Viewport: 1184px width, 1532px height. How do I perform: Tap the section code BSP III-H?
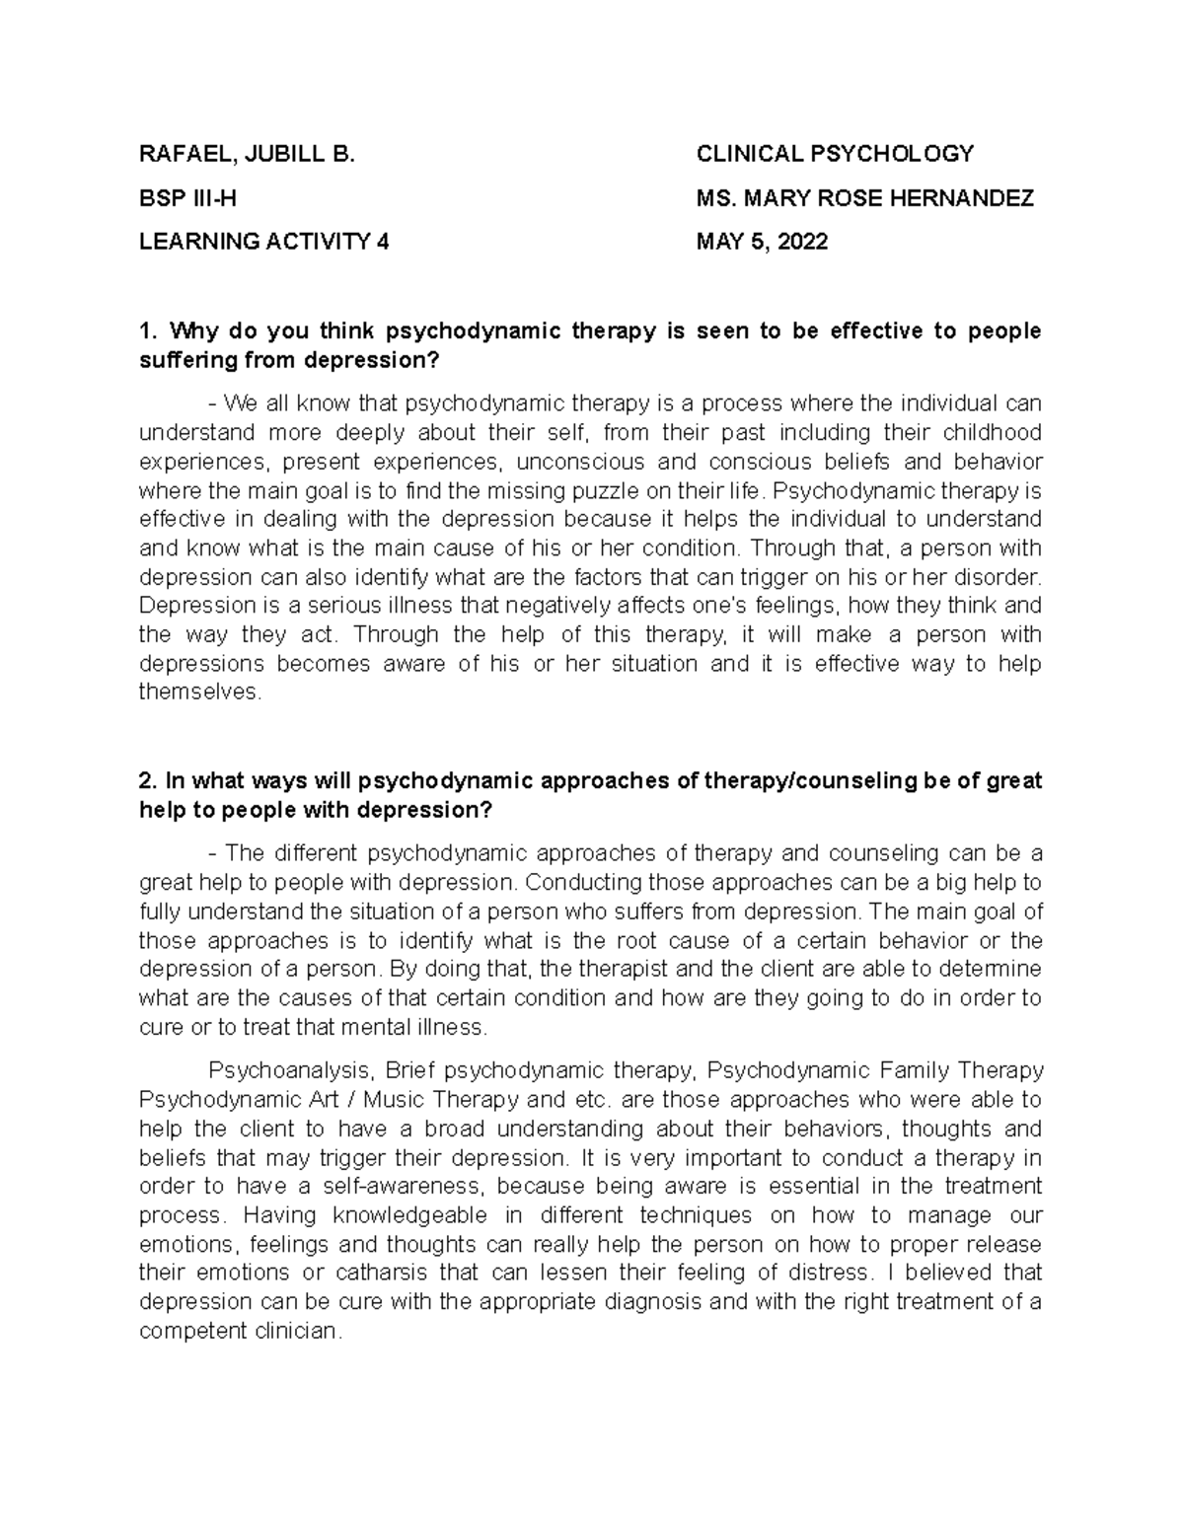click(187, 198)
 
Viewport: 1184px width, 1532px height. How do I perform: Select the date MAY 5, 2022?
click(762, 242)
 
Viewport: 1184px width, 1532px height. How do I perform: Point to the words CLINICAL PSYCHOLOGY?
click(835, 154)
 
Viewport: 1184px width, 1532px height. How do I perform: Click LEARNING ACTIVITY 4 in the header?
click(263, 242)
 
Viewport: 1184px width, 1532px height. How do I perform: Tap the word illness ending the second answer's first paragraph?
click(453, 1027)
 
